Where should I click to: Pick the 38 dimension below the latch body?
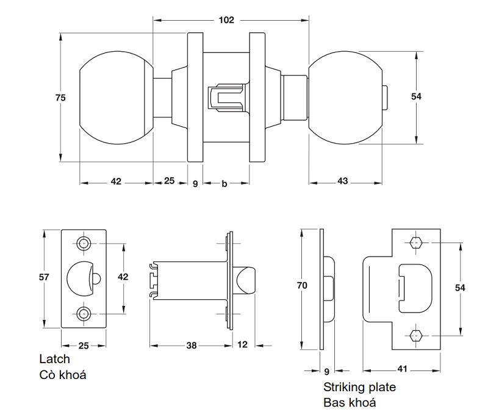192,345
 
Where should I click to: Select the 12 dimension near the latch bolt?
242,345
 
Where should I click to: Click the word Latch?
54,360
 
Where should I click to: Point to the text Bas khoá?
349,402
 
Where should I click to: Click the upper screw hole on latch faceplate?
84,243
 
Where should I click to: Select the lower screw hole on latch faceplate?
84,314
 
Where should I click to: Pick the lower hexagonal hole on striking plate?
416,335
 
